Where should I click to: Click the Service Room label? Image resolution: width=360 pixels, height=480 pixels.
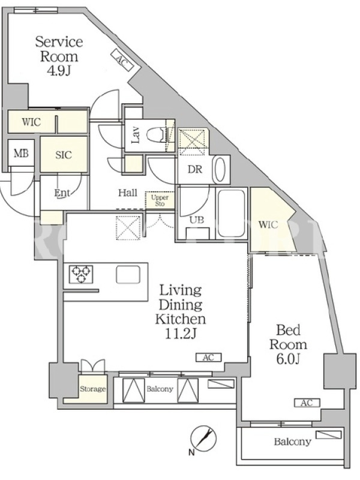(x=59, y=49)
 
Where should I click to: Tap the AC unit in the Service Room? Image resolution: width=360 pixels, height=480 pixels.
(x=122, y=59)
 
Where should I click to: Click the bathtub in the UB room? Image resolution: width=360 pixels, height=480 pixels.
(x=232, y=213)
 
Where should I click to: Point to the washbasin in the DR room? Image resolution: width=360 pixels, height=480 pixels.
(x=220, y=169)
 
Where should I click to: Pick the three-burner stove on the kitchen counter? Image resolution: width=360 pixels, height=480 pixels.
(x=81, y=274)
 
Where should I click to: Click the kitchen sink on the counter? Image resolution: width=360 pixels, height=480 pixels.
(x=128, y=274)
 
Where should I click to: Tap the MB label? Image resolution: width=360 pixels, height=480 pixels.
(x=21, y=153)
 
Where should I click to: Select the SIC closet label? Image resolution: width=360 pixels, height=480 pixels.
(x=64, y=155)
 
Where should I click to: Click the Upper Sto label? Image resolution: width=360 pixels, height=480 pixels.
(x=160, y=200)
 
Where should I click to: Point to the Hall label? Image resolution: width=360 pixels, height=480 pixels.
(x=128, y=193)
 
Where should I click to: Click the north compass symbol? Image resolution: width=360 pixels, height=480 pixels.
(x=203, y=439)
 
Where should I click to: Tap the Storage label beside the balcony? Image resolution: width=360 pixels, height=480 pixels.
(x=93, y=389)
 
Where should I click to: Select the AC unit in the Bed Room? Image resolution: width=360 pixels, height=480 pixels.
(x=307, y=403)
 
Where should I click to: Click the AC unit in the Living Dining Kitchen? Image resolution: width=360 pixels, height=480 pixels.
(x=208, y=357)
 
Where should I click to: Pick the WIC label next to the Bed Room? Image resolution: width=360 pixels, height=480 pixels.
(x=268, y=225)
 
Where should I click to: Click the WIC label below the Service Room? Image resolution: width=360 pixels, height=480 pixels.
(x=31, y=122)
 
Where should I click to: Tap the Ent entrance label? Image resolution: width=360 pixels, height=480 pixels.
(x=62, y=193)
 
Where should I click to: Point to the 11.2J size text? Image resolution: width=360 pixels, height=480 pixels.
(x=181, y=334)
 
